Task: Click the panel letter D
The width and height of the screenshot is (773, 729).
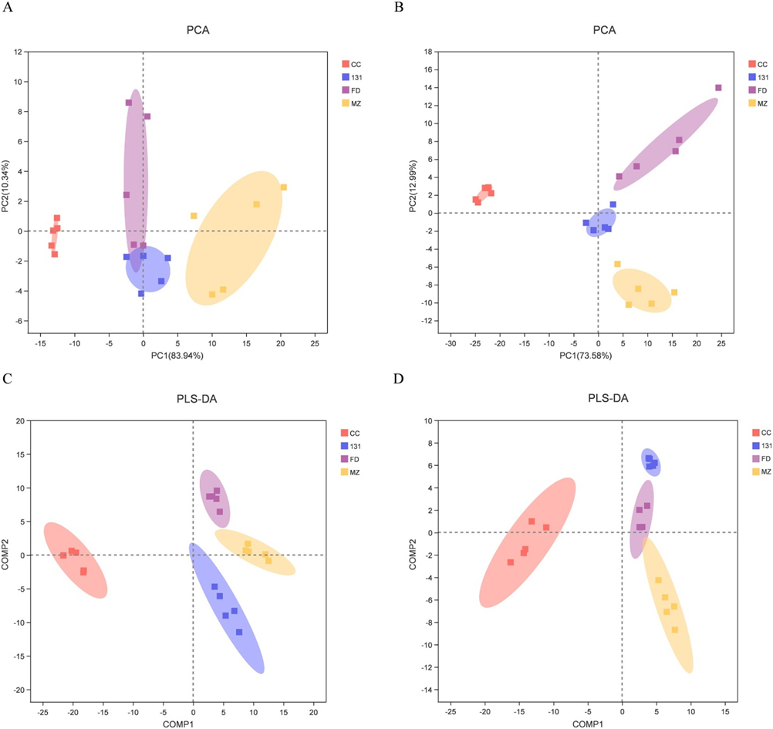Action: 398,380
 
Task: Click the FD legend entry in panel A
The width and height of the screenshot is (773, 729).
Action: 354,89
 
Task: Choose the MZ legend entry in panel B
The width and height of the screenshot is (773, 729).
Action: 761,103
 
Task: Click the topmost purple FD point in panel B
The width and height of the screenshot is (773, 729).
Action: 718,88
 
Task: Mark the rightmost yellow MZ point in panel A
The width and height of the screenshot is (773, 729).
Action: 284,187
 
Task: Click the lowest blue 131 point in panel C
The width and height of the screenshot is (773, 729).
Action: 239,632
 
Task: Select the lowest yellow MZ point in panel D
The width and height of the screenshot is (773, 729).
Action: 675,629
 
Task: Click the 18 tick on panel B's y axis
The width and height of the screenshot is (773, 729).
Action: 427,52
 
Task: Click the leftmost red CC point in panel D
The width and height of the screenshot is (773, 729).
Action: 511,562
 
